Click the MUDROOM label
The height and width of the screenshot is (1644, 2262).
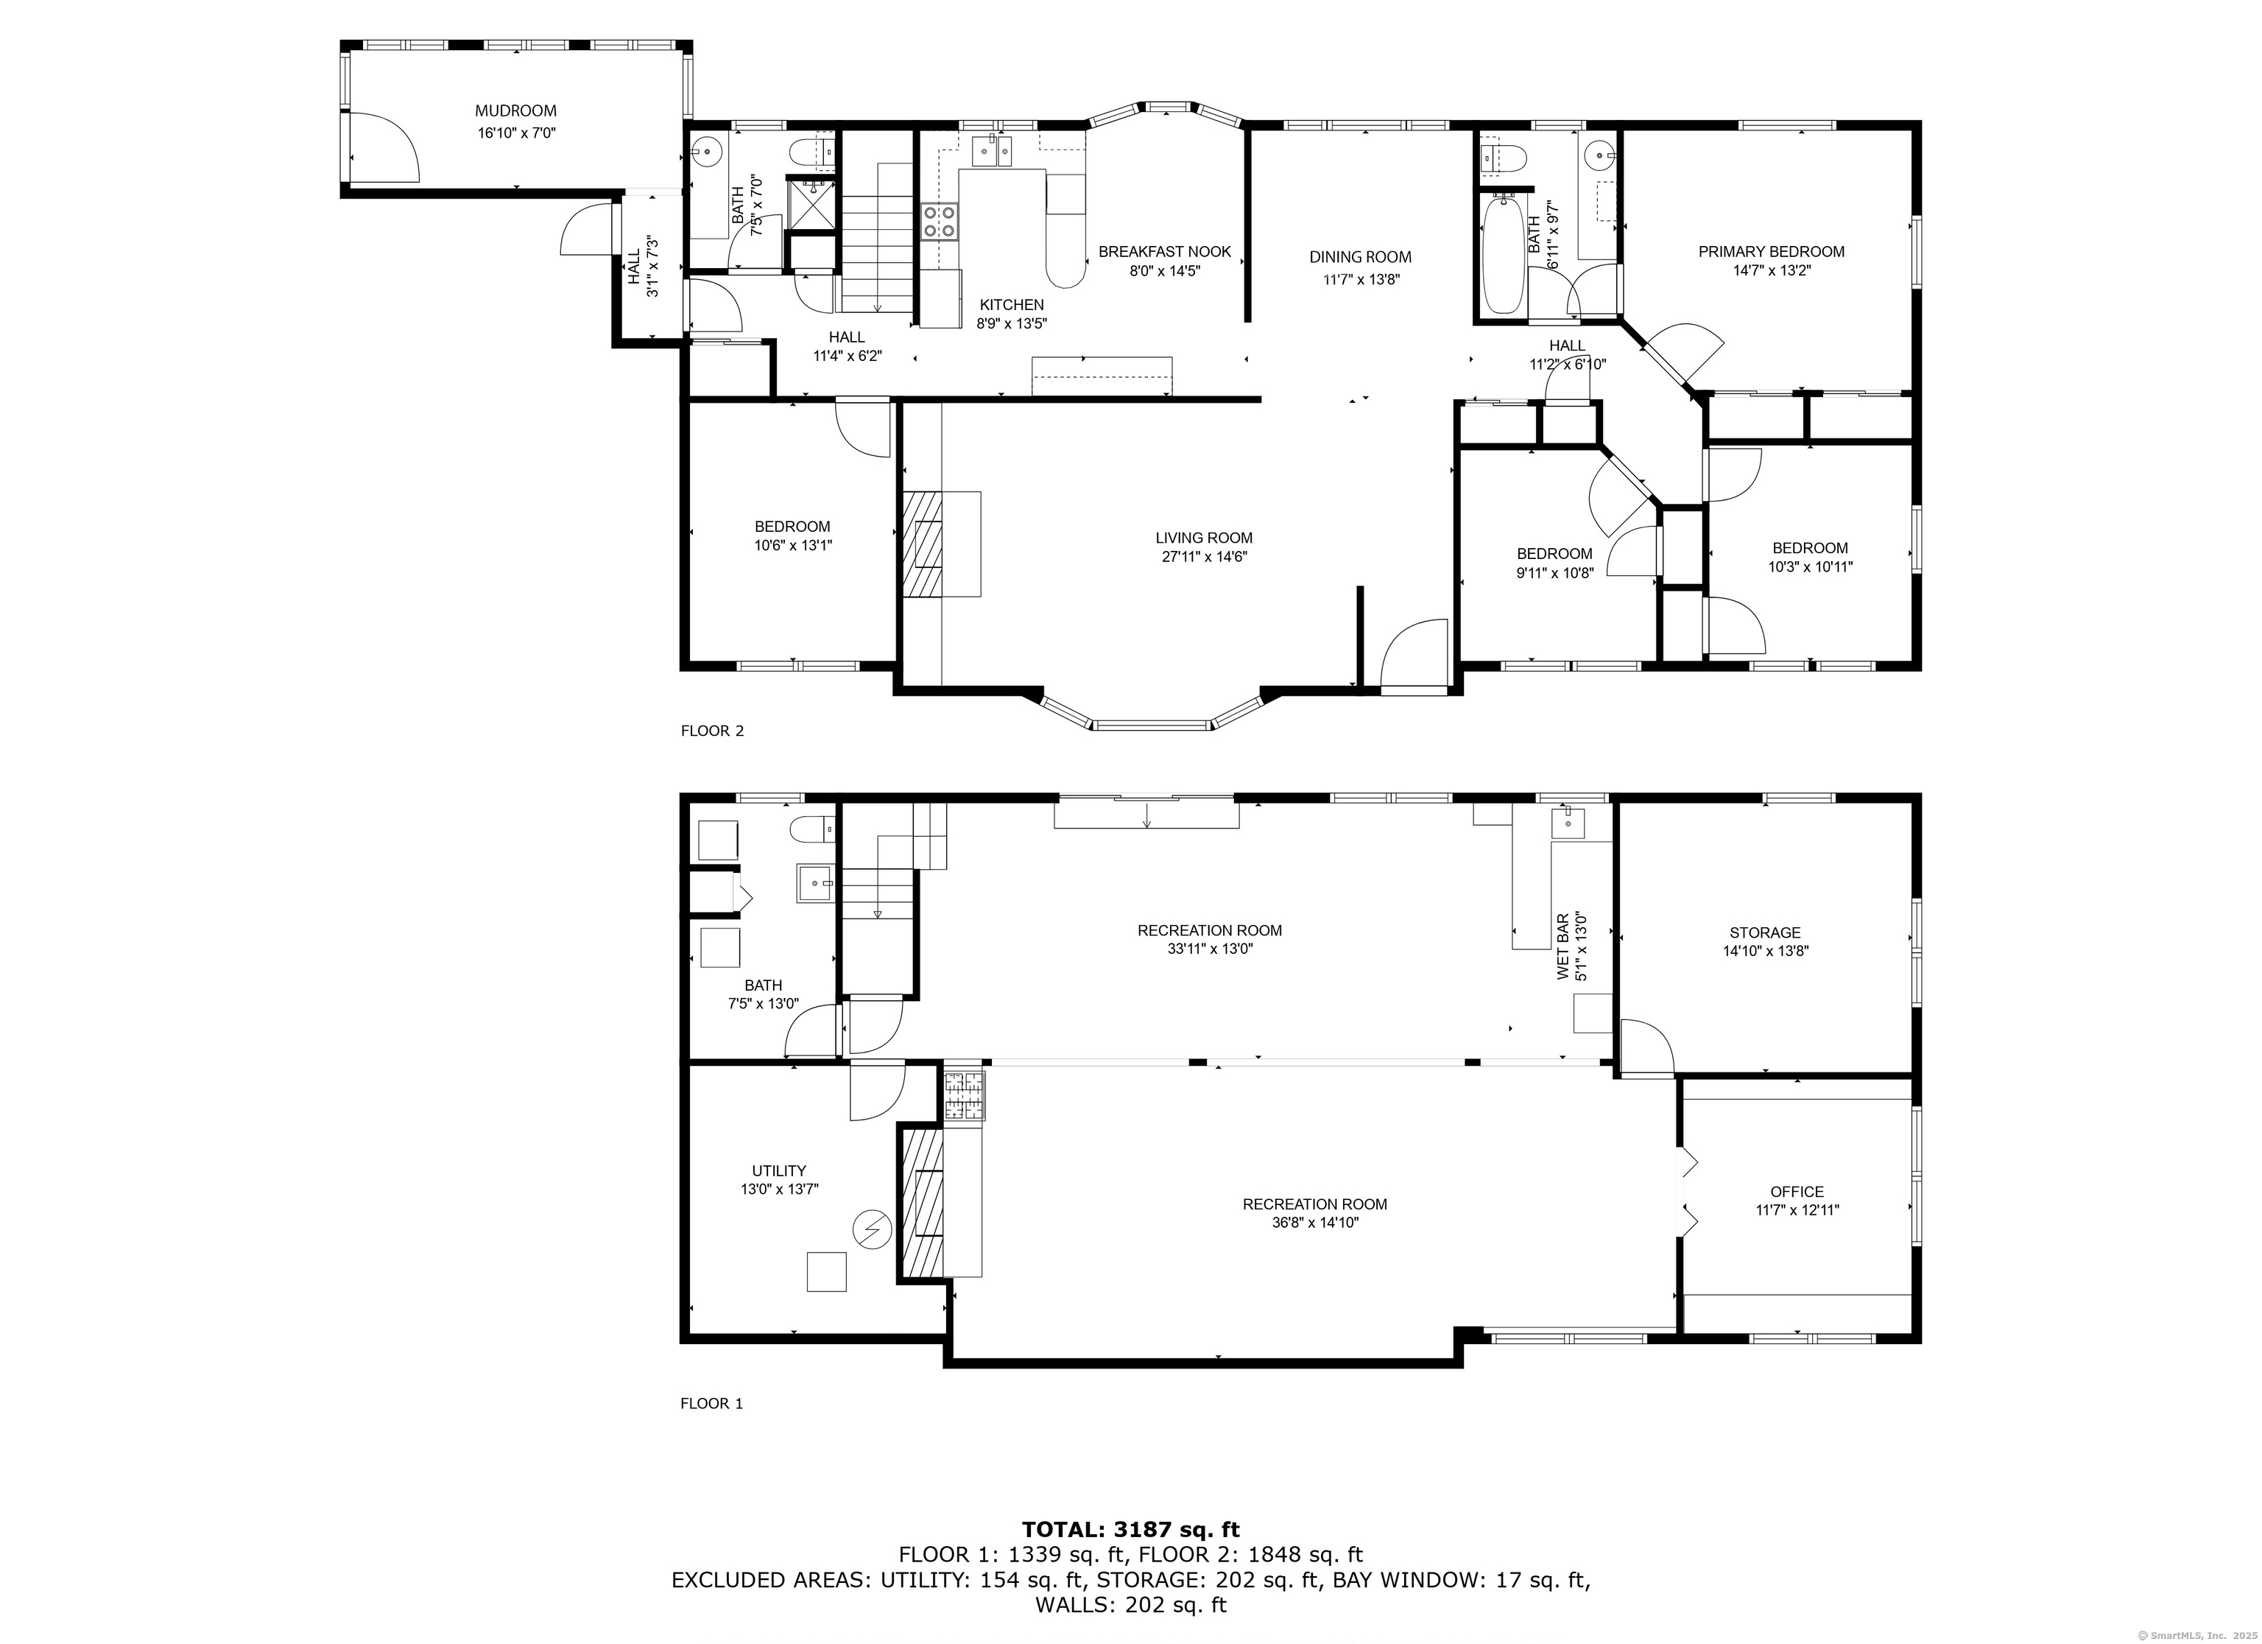tap(515, 110)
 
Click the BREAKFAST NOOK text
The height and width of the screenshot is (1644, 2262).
tap(1164, 251)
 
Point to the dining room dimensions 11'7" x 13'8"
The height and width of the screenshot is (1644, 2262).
tap(1361, 279)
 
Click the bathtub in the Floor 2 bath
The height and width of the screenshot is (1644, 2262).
tap(1503, 256)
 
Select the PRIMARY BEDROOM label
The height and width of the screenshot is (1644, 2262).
tap(1772, 251)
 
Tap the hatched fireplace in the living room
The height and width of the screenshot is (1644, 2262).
tap(923, 544)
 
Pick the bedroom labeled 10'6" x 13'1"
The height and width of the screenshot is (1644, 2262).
tap(792, 535)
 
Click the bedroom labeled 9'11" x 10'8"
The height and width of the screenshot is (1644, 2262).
tap(1554, 563)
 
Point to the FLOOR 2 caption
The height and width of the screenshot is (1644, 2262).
tap(712, 730)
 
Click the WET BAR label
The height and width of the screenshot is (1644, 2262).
tap(1562, 946)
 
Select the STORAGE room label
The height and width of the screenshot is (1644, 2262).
tap(1764, 932)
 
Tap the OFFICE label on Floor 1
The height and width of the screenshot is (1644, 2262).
tap(1796, 1191)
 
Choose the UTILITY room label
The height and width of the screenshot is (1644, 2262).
tap(779, 1170)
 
